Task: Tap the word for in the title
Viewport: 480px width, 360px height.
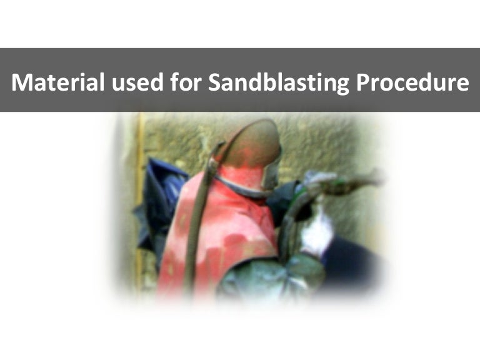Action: [179, 82]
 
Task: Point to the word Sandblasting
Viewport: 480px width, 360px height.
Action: [277, 82]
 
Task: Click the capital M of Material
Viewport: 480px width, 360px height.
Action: [22, 82]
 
